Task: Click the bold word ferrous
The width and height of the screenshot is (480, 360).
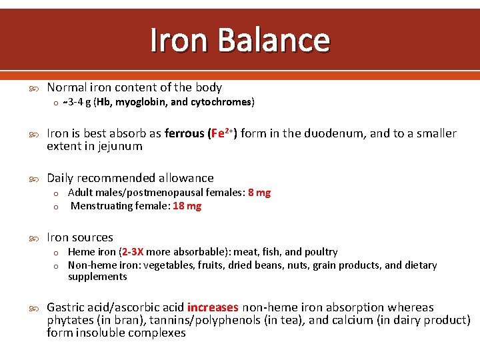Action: (184, 133)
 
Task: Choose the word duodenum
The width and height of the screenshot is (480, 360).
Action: (333, 133)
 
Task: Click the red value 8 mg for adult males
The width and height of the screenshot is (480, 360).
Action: (259, 193)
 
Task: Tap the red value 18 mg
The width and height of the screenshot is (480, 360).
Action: (187, 206)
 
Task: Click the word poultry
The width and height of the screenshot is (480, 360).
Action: (321, 252)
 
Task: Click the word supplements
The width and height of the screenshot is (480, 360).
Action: (97, 277)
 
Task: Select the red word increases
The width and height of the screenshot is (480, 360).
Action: (213, 307)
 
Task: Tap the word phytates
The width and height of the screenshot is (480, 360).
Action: (69, 320)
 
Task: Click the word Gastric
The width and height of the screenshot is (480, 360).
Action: (65, 307)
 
